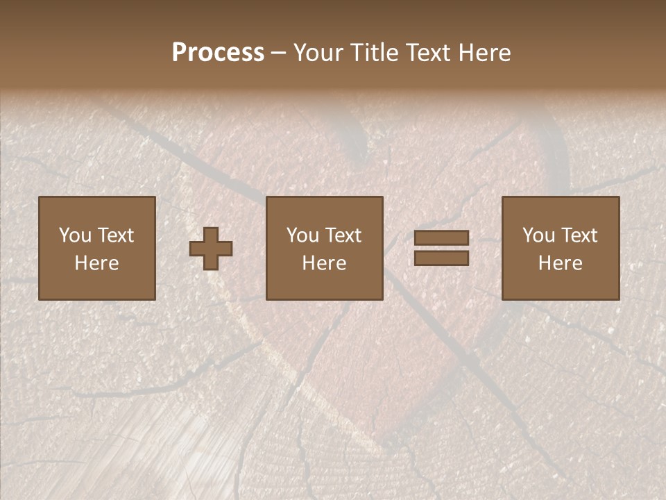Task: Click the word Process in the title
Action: click(x=218, y=53)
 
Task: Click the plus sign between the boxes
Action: click(x=211, y=249)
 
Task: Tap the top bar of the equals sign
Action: click(x=441, y=238)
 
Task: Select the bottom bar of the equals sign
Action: click(x=441, y=258)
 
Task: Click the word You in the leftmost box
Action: click(x=75, y=235)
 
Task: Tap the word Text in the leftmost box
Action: click(x=115, y=235)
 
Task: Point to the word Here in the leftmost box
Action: click(x=97, y=263)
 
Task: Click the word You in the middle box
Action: click(x=302, y=235)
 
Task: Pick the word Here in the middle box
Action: click(x=325, y=263)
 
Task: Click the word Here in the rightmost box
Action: click(x=561, y=263)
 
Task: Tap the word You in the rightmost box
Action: click(x=538, y=235)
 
